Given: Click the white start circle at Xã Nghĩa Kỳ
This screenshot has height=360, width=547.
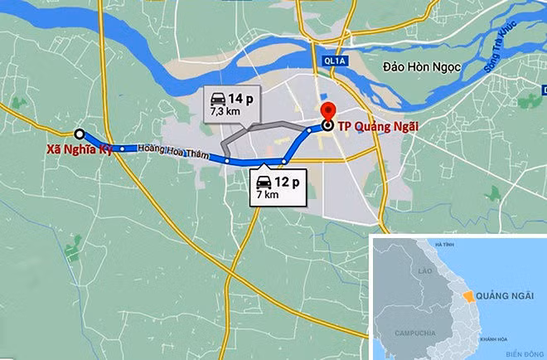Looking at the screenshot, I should [79, 134].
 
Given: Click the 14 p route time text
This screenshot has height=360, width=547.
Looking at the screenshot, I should [243, 97].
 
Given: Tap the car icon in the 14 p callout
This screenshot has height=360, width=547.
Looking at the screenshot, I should [219, 97].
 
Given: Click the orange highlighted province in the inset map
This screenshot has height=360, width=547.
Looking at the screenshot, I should [468, 294].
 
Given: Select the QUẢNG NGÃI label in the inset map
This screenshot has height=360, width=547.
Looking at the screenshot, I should [507, 296].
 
